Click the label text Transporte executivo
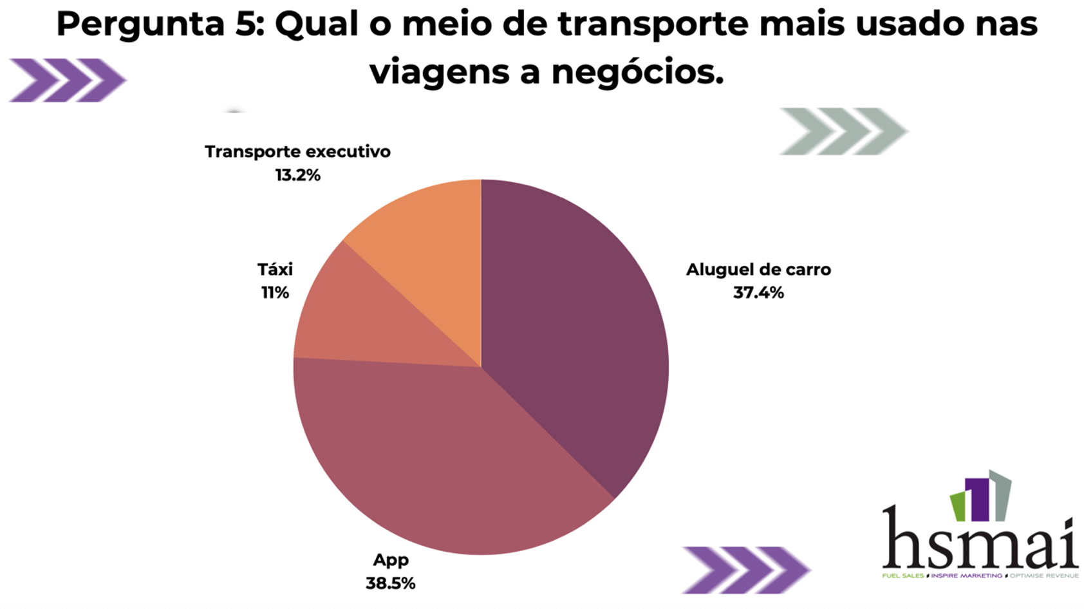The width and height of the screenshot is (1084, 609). (297, 152)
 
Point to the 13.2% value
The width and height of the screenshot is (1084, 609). (297, 175)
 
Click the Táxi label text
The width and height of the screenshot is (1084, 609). (275, 269)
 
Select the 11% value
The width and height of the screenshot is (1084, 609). (275, 293)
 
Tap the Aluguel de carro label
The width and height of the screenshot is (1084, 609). (758, 270)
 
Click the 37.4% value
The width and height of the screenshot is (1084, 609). (758, 293)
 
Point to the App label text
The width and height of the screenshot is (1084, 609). (391, 560)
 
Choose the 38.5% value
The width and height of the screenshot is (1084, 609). (391, 583)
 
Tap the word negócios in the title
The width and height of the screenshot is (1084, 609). (637, 72)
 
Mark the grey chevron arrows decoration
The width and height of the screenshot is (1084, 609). (843, 131)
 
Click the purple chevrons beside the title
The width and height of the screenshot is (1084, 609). (67, 80)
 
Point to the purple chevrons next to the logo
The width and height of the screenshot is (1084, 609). (745, 570)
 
